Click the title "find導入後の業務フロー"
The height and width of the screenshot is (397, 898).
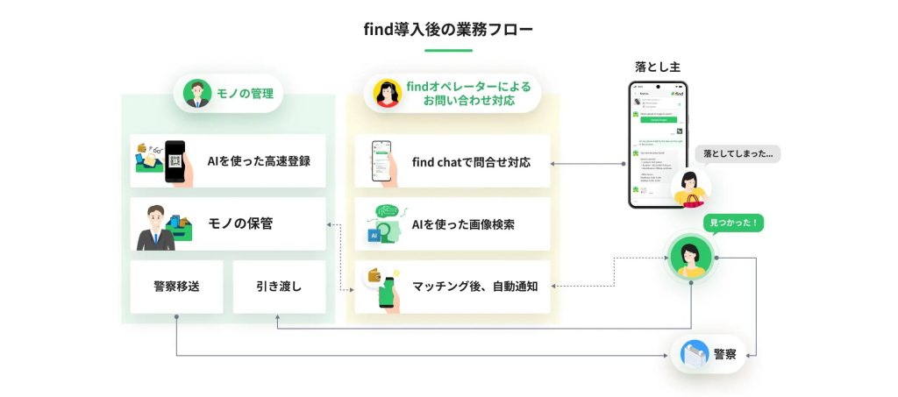click(x=448, y=29)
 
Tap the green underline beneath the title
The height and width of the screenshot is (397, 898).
click(x=448, y=50)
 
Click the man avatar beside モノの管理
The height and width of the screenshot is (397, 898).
click(x=198, y=93)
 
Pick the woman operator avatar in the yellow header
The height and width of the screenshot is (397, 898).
click(x=387, y=94)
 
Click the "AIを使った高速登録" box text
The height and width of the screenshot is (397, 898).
click(x=259, y=160)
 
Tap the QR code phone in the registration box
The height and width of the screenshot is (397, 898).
click(x=175, y=161)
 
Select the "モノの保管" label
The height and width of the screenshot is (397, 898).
click(x=239, y=223)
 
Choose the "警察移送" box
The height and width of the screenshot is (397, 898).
click(x=175, y=286)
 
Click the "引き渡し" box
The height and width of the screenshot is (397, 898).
click(x=279, y=286)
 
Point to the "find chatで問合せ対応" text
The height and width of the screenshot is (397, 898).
click(x=471, y=161)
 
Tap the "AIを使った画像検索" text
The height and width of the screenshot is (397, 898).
click(x=463, y=223)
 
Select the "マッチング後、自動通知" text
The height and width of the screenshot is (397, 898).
click(x=474, y=286)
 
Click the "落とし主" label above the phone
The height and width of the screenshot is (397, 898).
click(x=657, y=67)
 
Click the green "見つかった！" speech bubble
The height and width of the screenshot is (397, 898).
click(x=733, y=223)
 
